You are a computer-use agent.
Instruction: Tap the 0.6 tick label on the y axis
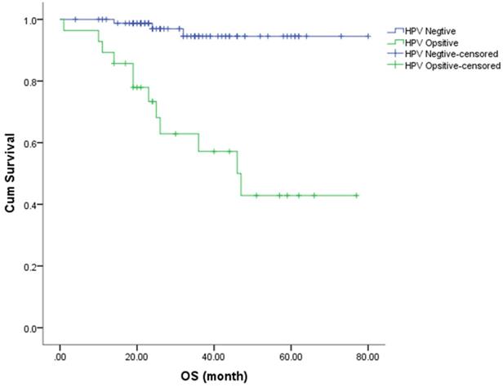pyautogui.click(x=35, y=143)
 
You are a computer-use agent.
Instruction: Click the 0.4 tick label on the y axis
pyautogui.click(x=35, y=204)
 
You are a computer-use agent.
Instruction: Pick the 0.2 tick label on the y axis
pyautogui.click(x=35, y=266)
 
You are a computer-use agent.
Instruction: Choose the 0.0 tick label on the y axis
pyautogui.click(x=35, y=328)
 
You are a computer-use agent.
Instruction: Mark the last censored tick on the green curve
pyautogui.click(x=356, y=195)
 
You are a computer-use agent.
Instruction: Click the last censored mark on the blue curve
pyautogui.click(x=367, y=36)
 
